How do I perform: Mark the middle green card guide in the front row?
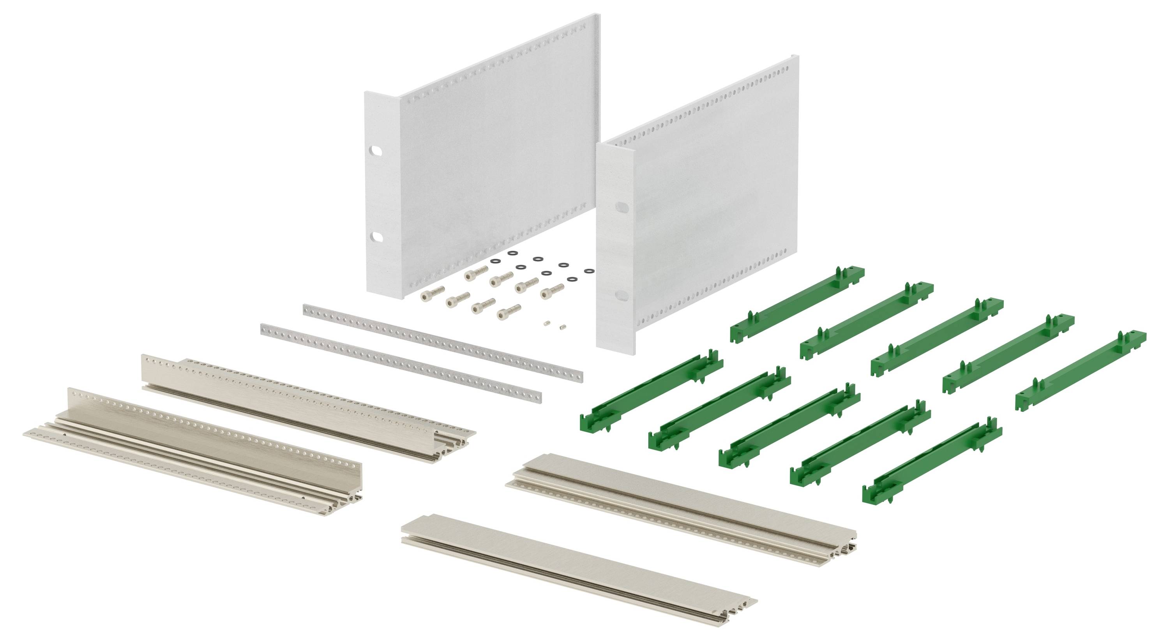coord(789,425)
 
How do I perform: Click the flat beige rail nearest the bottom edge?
coord(579,569)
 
